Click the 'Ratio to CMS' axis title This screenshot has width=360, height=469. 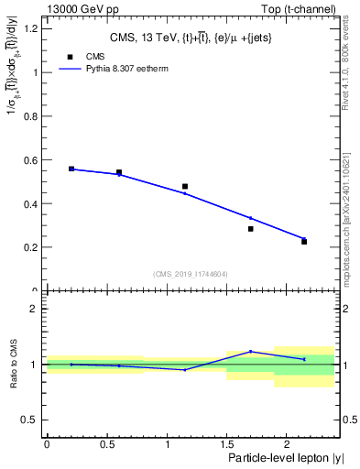[x=14, y=364]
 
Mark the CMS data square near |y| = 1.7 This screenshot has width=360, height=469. [x=250, y=229]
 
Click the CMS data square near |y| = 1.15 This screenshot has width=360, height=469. [x=185, y=187]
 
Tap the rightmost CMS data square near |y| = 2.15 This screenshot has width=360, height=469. [x=304, y=242]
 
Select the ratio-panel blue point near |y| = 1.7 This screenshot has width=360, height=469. [x=250, y=351]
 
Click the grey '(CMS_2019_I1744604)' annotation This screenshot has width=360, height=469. [x=191, y=274]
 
